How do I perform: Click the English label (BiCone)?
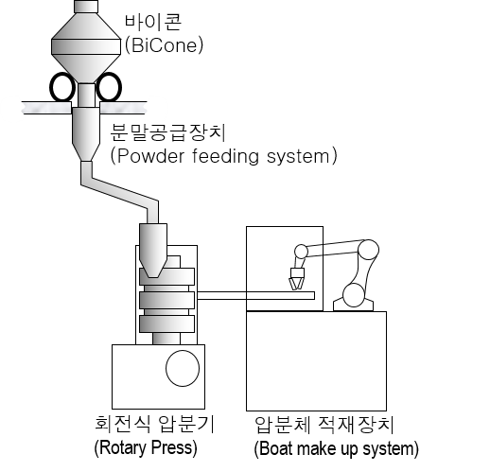coord(164,46)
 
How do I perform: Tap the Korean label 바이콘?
coord(153,22)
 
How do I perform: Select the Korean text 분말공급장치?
coord(168,132)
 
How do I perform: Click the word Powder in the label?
coord(150,156)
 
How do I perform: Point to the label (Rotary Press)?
coord(146,447)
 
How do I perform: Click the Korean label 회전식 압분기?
coord(154,424)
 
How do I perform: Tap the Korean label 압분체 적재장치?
coord(324,425)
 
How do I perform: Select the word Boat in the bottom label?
coord(276,448)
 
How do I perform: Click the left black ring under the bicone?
coord(62,87)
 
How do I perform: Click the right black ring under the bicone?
coord(109,87)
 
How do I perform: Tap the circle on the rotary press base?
coord(183,368)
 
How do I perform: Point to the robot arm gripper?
coord(296,279)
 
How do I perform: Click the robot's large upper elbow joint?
coord(368,250)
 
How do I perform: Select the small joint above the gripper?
coord(301,252)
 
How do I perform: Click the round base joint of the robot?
coord(354,295)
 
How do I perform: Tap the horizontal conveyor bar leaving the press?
coord(255,295)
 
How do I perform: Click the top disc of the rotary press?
coord(166,276)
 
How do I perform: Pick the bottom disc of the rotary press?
coord(166,323)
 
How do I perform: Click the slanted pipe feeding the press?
coord(120,192)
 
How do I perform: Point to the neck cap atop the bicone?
coord(86,7)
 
